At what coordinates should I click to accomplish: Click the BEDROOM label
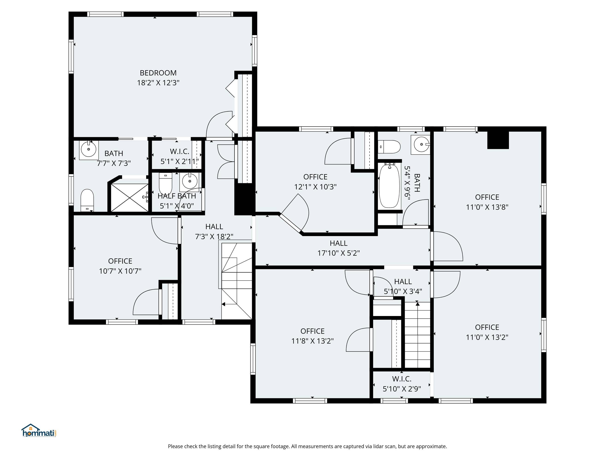point(158,73)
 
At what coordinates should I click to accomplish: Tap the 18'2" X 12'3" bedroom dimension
point(158,83)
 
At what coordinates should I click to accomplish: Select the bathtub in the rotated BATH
point(389,186)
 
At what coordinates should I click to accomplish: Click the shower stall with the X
point(130,198)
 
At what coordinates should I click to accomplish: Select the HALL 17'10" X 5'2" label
point(339,248)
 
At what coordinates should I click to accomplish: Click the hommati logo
point(39,431)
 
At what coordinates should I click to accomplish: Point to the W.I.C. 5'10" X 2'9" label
point(402,384)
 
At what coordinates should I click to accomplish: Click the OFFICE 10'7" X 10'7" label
point(120,266)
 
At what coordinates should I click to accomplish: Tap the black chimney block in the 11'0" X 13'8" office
point(498,140)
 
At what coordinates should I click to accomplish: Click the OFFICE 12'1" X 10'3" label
point(315,182)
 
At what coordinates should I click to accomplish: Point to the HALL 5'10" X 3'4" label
point(403,286)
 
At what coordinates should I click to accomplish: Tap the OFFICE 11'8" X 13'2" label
point(312,336)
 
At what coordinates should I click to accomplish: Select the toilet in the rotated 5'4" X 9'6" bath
point(389,147)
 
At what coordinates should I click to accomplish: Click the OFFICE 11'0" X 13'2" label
point(487,332)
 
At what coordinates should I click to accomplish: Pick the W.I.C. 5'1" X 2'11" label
point(179,157)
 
